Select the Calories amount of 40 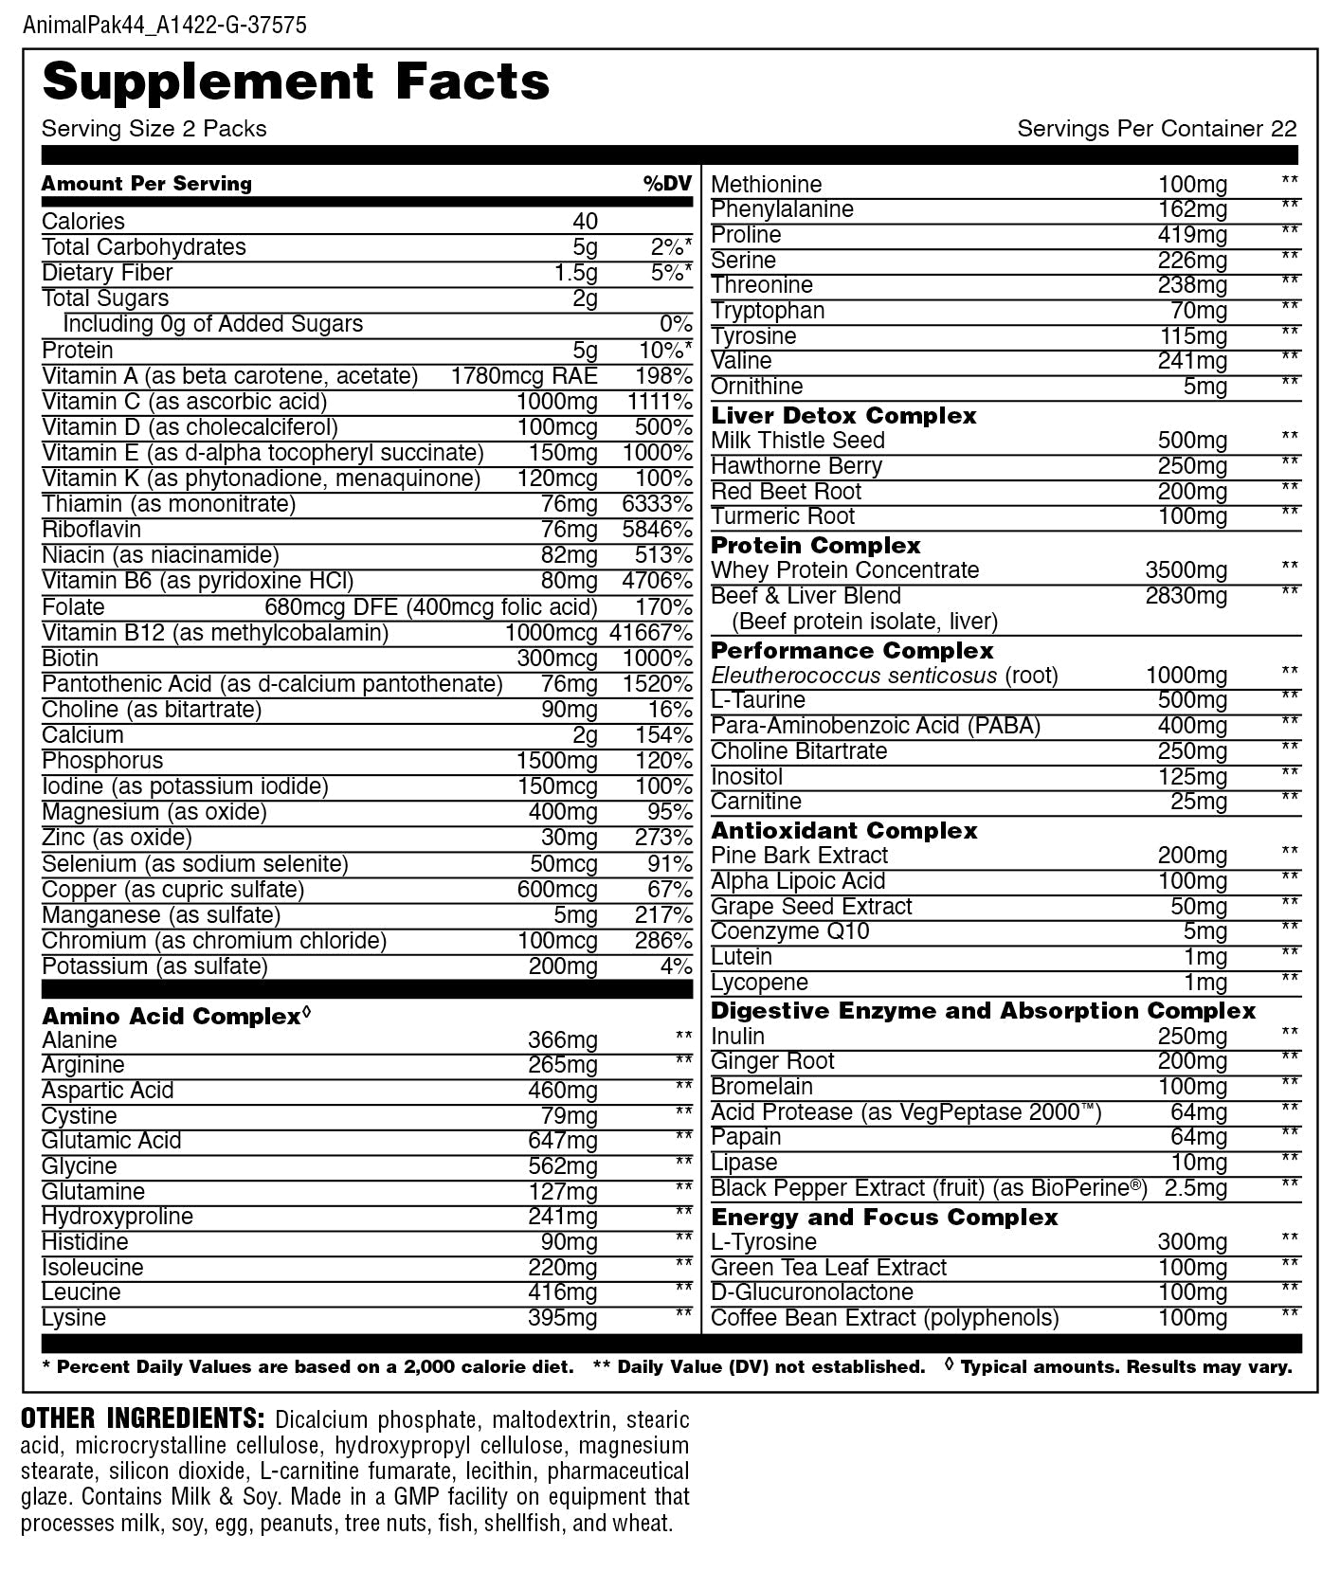click(585, 222)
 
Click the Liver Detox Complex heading click(843, 415)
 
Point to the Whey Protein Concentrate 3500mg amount click(1186, 570)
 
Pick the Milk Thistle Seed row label click(797, 441)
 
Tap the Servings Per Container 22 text click(1156, 129)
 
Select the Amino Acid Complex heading click(172, 1017)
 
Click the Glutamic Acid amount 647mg click(563, 1141)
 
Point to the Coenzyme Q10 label click(789, 931)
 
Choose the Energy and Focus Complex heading click(884, 1217)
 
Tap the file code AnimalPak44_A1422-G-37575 click(164, 25)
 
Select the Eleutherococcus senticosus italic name click(854, 676)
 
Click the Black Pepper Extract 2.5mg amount click(1195, 1188)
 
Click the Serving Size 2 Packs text click(154, 129)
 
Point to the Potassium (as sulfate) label click(154, 966)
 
